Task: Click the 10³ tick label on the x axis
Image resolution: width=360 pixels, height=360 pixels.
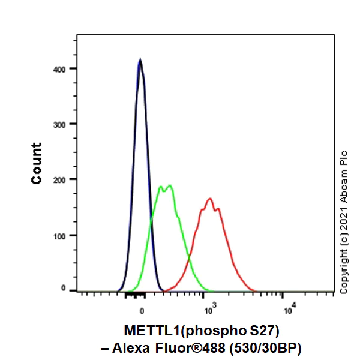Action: click(x=209, y=310)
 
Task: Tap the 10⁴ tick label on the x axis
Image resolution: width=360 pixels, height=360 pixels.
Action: click(x=289, y=310)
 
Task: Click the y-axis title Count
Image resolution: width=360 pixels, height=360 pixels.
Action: click(x=37, y=163)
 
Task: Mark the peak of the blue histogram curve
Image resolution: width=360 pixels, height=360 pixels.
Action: click(x=140, y=59)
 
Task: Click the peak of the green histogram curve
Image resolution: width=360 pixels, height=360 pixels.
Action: click(x=170, y=185)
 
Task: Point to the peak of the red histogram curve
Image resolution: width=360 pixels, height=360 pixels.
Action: click(x=209, y=199)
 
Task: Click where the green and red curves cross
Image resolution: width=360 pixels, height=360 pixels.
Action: click(x=190, y=259)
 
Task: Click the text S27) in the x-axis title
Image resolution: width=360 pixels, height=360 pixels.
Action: click(x=266, y=331)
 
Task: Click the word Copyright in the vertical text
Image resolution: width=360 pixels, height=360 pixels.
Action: click(x=344, y=271)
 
